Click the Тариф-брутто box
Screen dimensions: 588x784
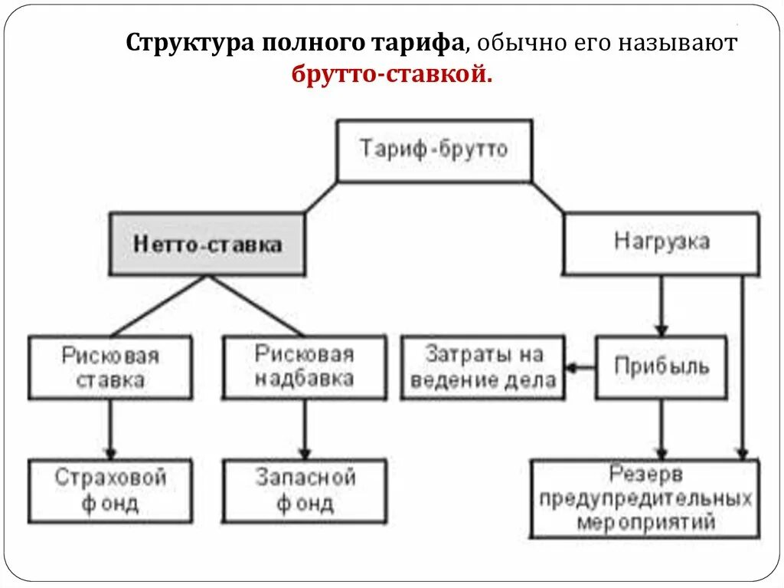tap(434, 150)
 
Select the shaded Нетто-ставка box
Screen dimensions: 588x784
tap(207, 245)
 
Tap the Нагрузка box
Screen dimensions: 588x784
tap(661, 243)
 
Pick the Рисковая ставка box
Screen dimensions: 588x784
tap(110, 367)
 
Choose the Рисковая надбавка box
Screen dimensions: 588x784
tap(304, 366)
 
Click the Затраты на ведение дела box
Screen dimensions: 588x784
tap(482, 367)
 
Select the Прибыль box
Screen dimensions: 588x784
tap(661, 367)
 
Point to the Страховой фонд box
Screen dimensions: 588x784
tap(110, 491)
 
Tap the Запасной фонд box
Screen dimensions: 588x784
tap(304, 491)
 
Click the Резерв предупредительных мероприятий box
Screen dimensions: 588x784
tap(645, 498)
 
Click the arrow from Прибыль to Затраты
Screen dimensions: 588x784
tap(580, 367)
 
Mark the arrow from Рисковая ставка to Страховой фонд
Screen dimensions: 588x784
tap(110, 429)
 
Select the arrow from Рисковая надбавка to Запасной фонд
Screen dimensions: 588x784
tap(304, 429)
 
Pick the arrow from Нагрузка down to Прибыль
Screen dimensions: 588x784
tap(661, 305)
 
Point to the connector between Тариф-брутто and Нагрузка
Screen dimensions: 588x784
tap(547, 197)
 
